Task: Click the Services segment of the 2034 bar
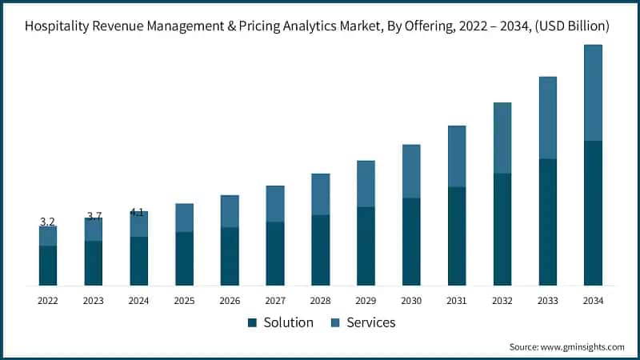click(593, 93)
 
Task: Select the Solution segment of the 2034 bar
click(593, 213)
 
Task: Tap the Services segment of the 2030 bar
click(411, 171)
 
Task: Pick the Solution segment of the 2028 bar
click(321, 250)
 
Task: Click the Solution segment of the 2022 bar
click(48, 265)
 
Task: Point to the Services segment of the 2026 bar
click(230, 211)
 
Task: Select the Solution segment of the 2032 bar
click(502, 229)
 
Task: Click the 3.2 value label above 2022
click(47, 222)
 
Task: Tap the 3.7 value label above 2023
click(94, 216)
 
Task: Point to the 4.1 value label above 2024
click(137, 213)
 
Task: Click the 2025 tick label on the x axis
click(184, 301)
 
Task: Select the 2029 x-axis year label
click(366, 301)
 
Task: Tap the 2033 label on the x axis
click(547, 301)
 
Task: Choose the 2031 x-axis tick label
click(457, 301)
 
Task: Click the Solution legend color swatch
click(252, 322)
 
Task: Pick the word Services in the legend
click(371, 322)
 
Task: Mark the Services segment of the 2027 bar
click(275, 204)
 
